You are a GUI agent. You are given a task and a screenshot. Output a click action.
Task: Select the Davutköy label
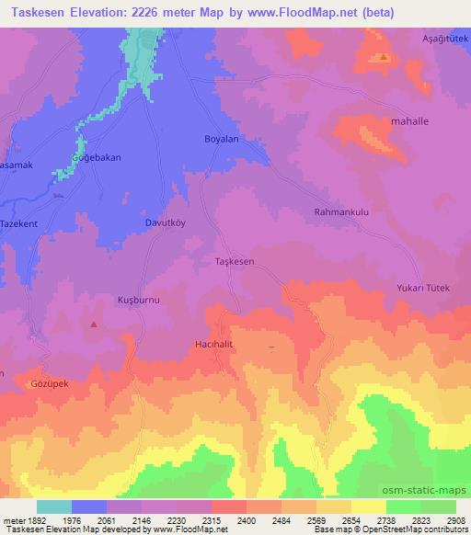click(x=166, y=222)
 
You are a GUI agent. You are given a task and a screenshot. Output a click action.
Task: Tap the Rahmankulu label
click(x=341, y=211)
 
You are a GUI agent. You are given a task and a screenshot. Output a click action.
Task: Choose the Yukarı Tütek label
click(x=422, y=289)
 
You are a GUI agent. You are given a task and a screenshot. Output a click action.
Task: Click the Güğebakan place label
click(x=97, y=157)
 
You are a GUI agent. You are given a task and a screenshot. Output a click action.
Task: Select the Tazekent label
click(x=18, y=224)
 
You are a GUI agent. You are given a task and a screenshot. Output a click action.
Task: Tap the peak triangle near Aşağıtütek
click(x=383, y=57)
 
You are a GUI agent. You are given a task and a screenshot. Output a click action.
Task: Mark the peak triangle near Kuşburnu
click(x=94, y=324)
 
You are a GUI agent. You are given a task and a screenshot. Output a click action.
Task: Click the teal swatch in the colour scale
click(x=53, y=507)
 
